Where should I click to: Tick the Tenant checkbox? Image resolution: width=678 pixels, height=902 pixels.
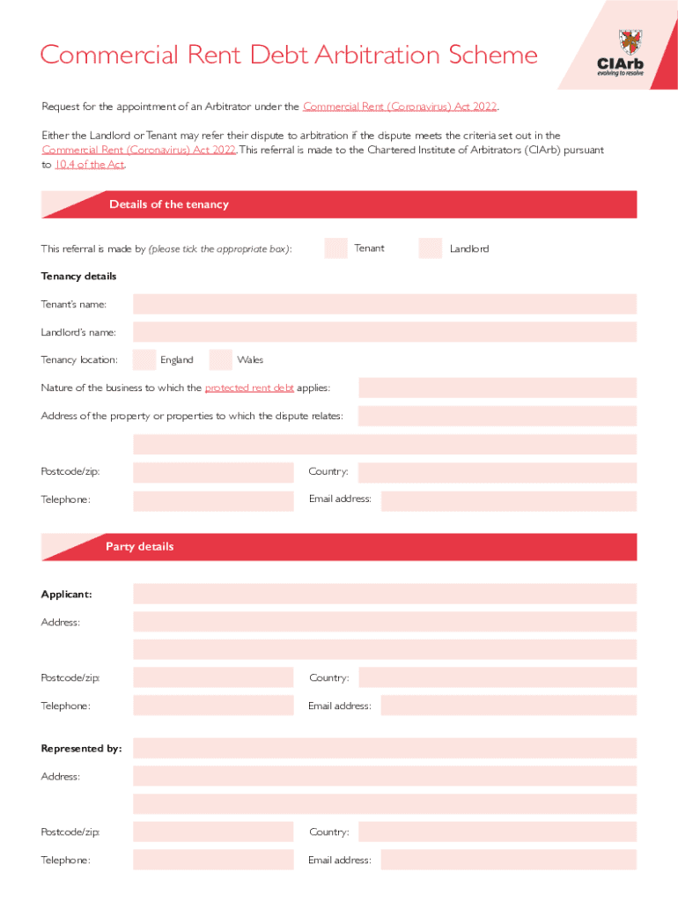click(x=335, y=248)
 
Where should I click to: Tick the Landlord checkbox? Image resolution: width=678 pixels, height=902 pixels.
click(x=431, y=248)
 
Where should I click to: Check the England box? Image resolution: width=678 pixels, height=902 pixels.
click(x=144, y=359)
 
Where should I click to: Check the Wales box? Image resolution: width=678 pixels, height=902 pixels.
click(x=220, y=359)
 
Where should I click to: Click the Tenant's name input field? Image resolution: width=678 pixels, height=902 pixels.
click(x=385, y=304)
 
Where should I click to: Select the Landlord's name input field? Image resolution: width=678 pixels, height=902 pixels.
click(x=385, y=332)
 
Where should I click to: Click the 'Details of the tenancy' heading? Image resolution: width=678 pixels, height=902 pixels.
click(x=168, y=204)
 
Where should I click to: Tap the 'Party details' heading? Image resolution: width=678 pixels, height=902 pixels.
click(x=140, y=547)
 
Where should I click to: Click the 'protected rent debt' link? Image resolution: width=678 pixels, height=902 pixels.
click(x=249, y=388)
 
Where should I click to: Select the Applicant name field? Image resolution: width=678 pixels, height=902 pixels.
click(x=385, y=594)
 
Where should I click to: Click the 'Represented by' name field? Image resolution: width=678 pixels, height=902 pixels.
click(x=385, y=748)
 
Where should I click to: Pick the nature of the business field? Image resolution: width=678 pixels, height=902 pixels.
click(x=497, y=388)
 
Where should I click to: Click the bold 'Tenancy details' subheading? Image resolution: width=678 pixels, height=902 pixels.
click(x=78, y=277)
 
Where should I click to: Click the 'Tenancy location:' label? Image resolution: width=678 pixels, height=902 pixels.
click(x=79, y=359)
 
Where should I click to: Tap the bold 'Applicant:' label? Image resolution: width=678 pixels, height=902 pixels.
click(x=66, y=595)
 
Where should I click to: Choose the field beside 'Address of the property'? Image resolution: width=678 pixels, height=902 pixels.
click(x=497, y=416)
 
